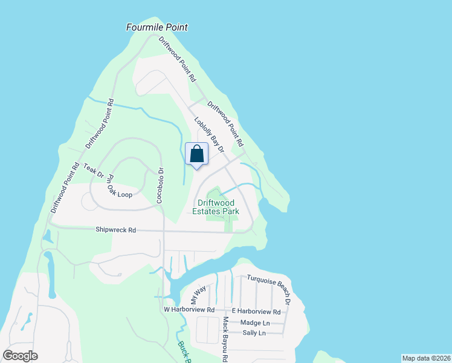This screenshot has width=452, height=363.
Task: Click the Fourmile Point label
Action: pos(157,27)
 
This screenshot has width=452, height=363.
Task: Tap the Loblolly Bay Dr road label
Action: pos(209,134)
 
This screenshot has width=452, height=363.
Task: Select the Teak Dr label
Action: pos(94,171)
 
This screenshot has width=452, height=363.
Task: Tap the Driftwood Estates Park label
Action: pos(216,207)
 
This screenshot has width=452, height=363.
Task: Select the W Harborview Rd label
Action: pos(189,310)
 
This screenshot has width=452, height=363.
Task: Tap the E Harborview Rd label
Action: pos(256,312)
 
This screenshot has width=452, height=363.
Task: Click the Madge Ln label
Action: pos(253,322)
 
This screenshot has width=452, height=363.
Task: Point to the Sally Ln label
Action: pos(253,333)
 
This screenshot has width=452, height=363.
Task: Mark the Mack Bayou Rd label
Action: pos(224,339)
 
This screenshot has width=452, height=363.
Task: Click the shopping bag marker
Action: pos(197,155)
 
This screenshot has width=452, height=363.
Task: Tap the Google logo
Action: pos(20,356)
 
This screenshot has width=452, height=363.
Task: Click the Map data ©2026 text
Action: pos(425,358)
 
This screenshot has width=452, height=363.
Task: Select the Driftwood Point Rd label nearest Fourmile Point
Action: pos(177,59)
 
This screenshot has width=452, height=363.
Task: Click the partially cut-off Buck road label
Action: pos(182,352)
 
